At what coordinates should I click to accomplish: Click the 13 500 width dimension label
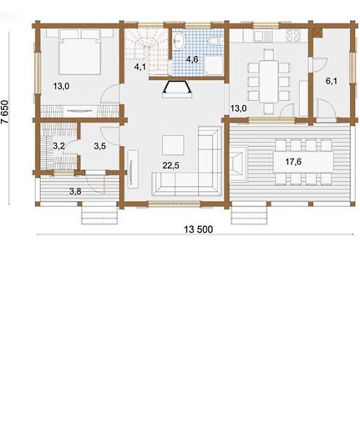tap(199, 230)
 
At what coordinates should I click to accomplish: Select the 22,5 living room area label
tap(171, 165)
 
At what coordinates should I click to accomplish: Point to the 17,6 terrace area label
tap(294, 161)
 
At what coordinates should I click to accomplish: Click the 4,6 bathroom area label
tap(192, 59)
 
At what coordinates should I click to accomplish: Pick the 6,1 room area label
tap(331, 81)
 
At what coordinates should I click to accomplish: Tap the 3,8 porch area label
tap(75, 191)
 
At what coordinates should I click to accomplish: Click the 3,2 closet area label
tap(59, 146)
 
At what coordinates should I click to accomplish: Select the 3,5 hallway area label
tap(100, 146)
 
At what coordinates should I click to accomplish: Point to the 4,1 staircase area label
tap(140, 67)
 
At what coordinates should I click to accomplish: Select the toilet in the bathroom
tap(215, 42)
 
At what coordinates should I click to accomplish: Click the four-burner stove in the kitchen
tap(293, 35)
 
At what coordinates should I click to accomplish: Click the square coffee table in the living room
tap(173, 145)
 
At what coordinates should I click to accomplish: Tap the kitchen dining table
tap(269, 81)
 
